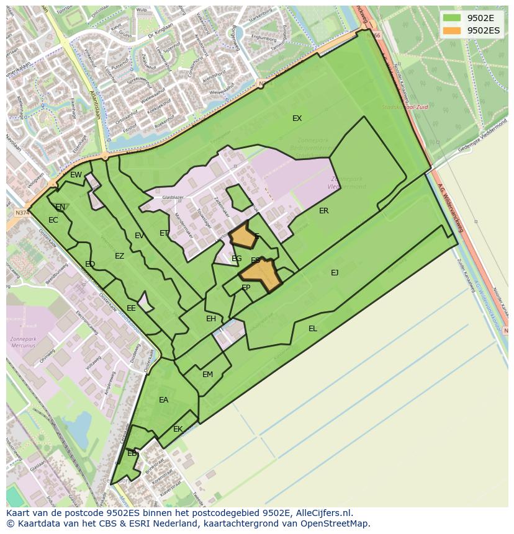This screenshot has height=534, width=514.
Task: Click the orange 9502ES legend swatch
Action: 453,30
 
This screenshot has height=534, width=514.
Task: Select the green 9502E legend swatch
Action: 453,17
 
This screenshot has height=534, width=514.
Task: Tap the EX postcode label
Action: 297,118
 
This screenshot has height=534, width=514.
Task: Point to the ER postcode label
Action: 323,211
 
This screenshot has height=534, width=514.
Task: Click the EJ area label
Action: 335,272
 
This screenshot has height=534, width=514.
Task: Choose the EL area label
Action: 313,329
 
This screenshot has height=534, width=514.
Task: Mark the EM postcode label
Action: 207,375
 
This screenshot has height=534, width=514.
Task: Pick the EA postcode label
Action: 163,400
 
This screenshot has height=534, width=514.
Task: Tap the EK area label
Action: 178,429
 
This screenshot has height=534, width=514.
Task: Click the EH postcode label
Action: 211,319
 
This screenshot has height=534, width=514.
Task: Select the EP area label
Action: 246,288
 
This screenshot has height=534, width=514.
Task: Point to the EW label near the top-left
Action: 76,175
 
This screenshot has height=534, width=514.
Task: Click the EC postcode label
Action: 53,220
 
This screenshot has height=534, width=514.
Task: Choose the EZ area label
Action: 119,256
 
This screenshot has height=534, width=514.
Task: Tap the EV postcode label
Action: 139,236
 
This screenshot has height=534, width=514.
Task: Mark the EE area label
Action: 131,308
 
